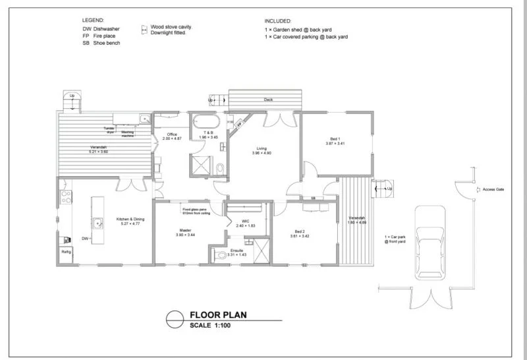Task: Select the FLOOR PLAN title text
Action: [218, 315]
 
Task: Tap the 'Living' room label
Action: [262, 150]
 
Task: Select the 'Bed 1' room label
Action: [335, 140]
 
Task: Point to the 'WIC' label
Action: [246, 222]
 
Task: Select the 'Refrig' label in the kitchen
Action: [66, 252]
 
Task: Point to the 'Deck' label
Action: [267, 100]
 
